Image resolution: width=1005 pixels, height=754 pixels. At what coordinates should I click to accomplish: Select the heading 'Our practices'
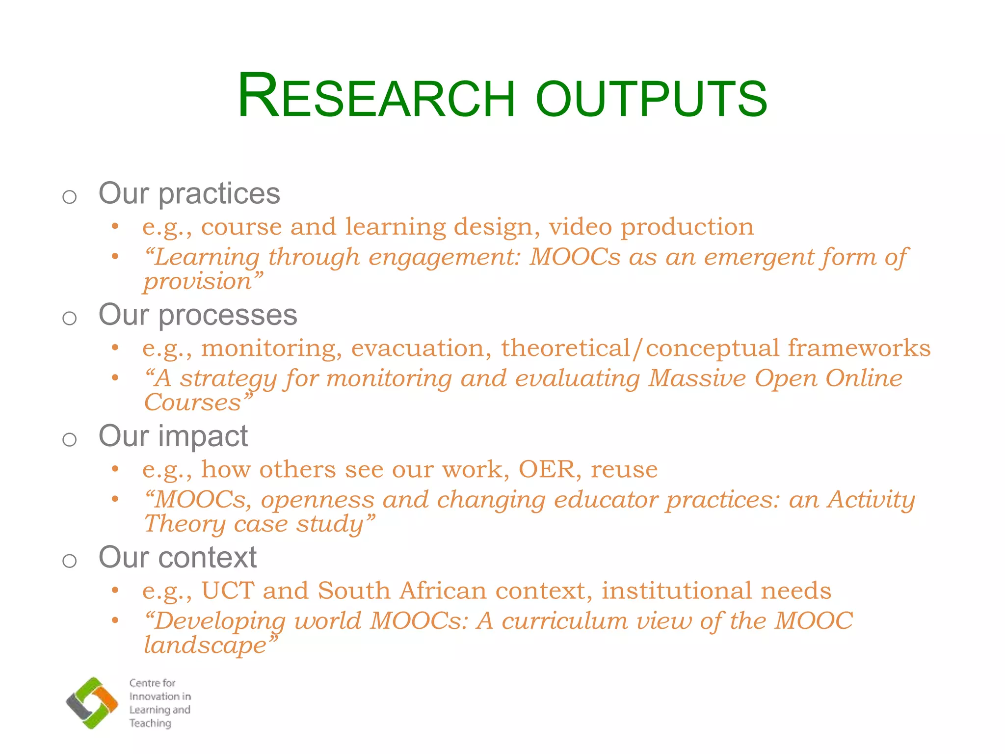pyautogui.click(x=189, y=193)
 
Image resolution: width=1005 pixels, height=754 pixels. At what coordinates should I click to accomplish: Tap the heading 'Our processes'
pyautogui.click(x=198, y=315)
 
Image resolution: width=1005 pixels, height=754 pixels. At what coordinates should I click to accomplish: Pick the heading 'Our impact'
pyautogui.click(x=173, y=436)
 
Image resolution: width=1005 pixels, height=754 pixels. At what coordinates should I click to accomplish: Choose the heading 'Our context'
pyautogui.click(x=177, y=557)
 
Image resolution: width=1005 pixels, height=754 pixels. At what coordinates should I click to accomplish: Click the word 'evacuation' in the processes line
pyautogui.click(x=421, y=348)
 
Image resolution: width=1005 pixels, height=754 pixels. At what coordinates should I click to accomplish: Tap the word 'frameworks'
pyautogui.click(x=859, y=348)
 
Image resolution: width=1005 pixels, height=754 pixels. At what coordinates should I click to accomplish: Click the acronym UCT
pyautogui.click(x=228, y=591)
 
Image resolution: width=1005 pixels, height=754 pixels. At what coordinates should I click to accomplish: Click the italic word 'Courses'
pyautogui.click(x=193, y=403)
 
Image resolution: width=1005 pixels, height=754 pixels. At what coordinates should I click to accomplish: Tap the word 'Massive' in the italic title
pyautogui.click(x=697, y=378)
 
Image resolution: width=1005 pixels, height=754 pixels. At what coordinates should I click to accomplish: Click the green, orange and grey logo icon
pyautogui.click(x=92, y=702)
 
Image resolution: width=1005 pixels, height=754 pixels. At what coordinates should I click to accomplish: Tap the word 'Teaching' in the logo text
pyautogui.click(x=150, y=723)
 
